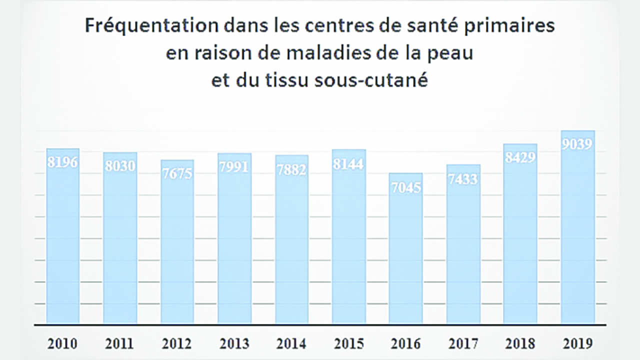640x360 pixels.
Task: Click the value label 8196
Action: click(63, 162)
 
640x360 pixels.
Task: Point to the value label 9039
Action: click(577, 144)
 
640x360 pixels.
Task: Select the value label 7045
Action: click(406, 187)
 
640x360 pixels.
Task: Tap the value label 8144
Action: click(348, 164)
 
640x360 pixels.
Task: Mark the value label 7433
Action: click(463, 179)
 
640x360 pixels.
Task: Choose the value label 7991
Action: click(234, 167)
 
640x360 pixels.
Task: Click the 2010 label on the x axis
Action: click(62, 344)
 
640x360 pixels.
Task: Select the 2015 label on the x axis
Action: click(348, 344)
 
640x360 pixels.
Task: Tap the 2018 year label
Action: click(520, 344)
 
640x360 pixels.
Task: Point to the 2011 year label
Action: click(119, 344)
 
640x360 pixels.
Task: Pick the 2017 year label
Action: click(463, 344)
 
